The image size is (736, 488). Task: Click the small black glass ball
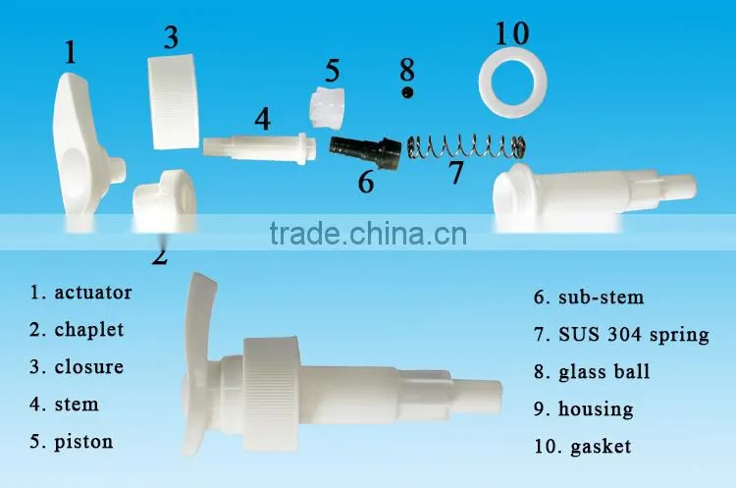tap(407, 92)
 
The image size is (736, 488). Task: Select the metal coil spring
tap(465, 146)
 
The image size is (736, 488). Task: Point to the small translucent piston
tap(326, 107)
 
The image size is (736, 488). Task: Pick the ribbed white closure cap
tap(173, 101)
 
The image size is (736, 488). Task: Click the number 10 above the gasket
tap(512, 33)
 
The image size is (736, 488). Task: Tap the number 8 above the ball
tap(407, 70)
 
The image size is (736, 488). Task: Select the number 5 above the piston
tap(333, 71)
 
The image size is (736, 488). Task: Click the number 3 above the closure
tap(172, 37)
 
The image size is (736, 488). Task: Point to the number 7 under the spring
tap(455, 173)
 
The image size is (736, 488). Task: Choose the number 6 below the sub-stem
tap(366, 182)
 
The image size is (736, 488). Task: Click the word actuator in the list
tap(93, 293)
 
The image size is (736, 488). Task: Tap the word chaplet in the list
tap(89, 330)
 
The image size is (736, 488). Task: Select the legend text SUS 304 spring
tap(634, 335)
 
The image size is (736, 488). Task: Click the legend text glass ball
tap(605, 372)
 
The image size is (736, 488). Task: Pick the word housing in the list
tap(596, 409)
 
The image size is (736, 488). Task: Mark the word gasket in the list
tap(601, 447)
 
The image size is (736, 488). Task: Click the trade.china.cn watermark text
tap(368, 234)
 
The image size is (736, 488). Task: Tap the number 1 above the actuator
tap(71, 52)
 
